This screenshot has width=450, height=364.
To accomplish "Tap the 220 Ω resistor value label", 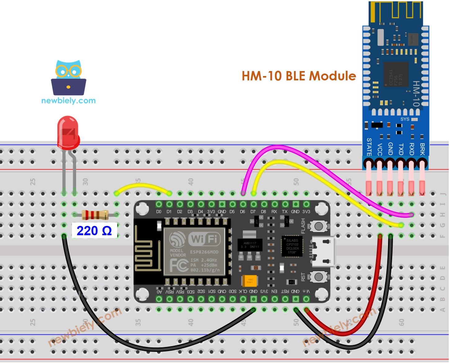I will pos(94,231).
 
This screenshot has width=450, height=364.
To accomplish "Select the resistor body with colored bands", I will pos(95,215).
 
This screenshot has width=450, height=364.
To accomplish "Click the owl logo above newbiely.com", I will pos(69,78).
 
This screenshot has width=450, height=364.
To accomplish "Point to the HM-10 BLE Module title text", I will pos(298,76).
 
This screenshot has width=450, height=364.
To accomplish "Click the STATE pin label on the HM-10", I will pos(369,147).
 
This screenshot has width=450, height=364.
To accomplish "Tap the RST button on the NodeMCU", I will pos(318,276).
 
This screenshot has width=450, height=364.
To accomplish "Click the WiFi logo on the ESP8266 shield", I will pos(204,239).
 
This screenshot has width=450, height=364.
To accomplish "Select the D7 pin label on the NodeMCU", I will pos(253,212).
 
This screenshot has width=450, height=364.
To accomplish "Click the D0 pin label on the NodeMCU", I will pos(159,212).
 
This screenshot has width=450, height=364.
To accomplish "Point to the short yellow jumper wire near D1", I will pos(143,186).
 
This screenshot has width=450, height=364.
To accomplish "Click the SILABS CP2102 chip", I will pos(292,246).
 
